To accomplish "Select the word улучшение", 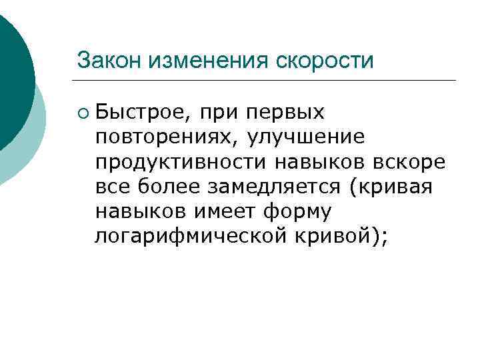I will pyautogui.click(x=306, y=137).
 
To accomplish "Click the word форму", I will pyautogui.click(x=303, y=211).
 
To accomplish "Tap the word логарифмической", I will pyautogui.click(x=187, y=237).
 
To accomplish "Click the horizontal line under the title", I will pyautogui.click(x=267, y=81).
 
